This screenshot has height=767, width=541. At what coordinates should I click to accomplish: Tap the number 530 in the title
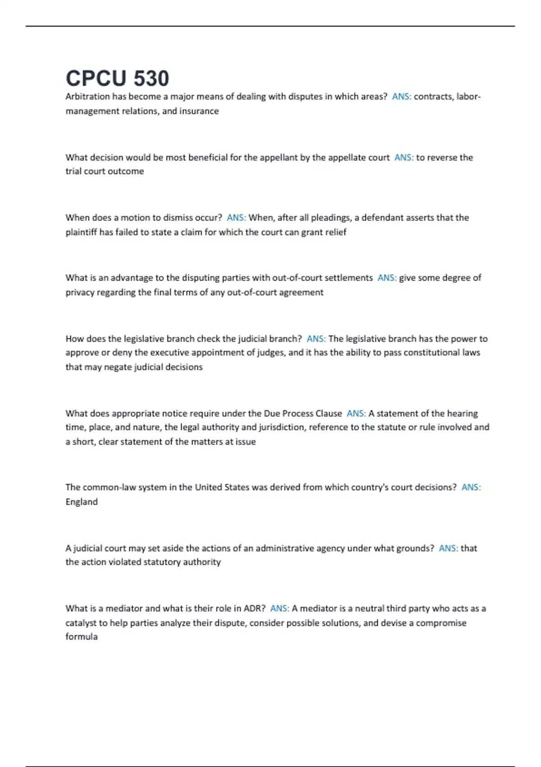151,79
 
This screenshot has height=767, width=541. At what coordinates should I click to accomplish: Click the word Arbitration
87,97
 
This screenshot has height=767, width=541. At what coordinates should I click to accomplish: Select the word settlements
348,278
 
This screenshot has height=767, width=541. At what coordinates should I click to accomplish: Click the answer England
82,502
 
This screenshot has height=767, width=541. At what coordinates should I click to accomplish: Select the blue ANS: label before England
471,487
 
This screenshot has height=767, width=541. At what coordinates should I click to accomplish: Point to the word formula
82,637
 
